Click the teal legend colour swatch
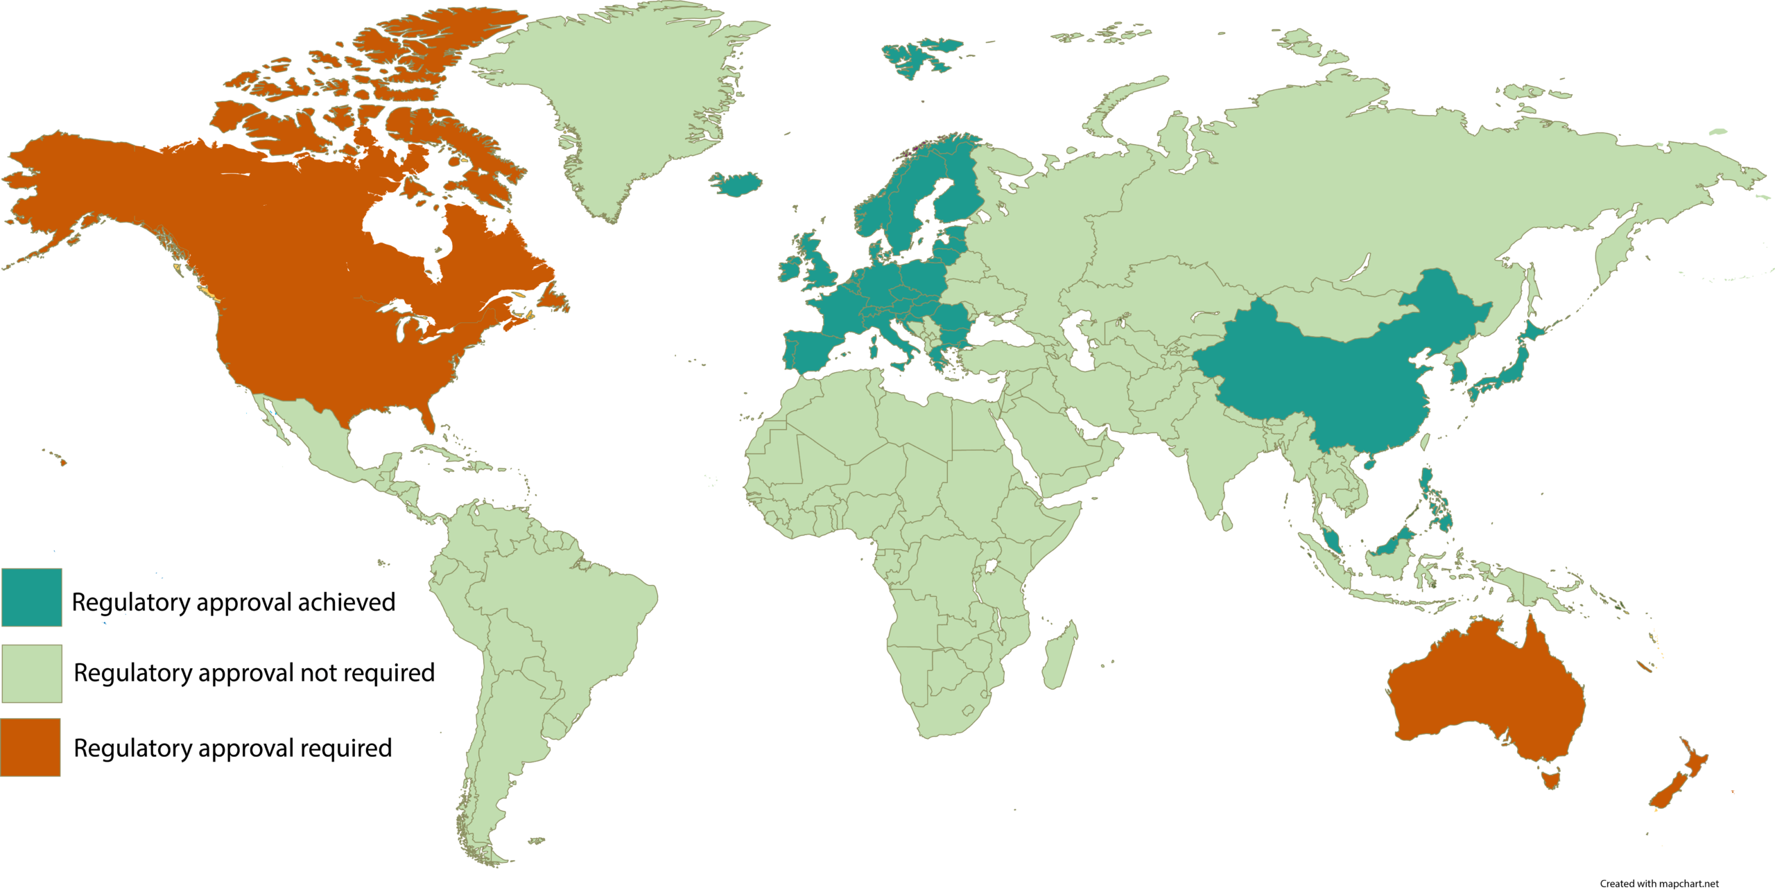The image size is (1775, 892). click(31, 597)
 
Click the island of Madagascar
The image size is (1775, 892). click(1061, 654)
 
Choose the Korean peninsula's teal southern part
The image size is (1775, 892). click(1459, 374)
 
